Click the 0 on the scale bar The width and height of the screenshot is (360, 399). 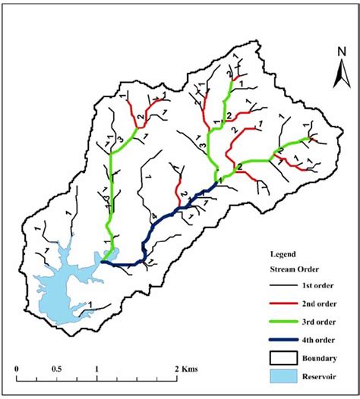(17, 369)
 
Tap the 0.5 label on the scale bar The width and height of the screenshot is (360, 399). (57, 369)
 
